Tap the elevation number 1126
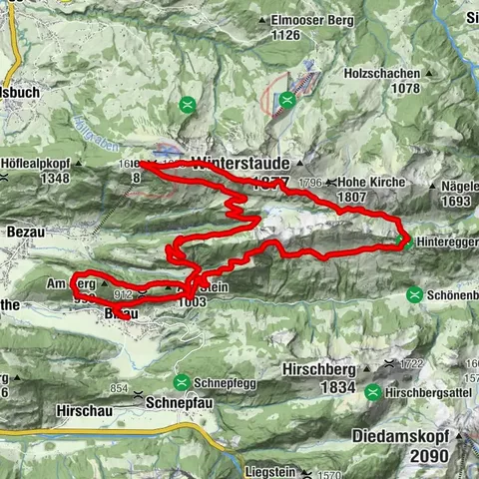(x=285, y=35)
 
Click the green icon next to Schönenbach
(x=414, y=294)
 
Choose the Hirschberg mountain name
(x=322, y=366)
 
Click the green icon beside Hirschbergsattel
(x=372, y=392)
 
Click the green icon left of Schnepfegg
(x=184, y=381)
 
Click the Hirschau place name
(x=78, y=407)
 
